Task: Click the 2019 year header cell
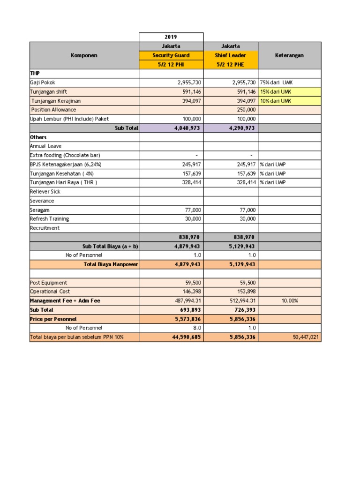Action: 171,37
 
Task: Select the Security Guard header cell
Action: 171,55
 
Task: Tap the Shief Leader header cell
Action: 231,55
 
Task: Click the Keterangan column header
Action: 289,55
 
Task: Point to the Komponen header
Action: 84,55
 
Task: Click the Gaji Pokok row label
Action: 43,82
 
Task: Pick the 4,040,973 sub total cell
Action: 187,128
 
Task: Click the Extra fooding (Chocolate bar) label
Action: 65,155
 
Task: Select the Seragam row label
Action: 39,210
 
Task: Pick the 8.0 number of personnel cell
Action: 196,328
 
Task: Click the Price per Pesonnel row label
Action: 53,319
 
